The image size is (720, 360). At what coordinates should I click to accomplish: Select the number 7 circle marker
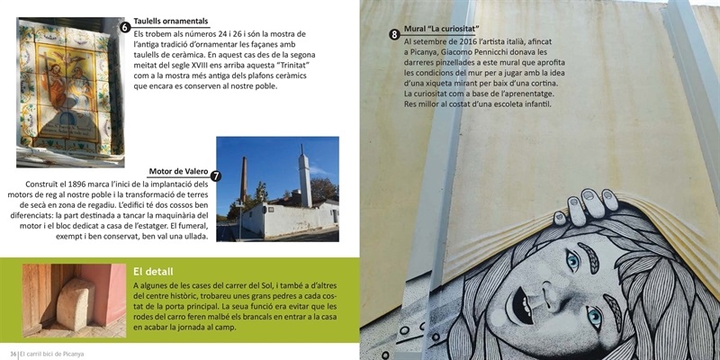point(216,176)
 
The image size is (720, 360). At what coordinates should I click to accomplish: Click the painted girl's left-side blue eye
point(572,261)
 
